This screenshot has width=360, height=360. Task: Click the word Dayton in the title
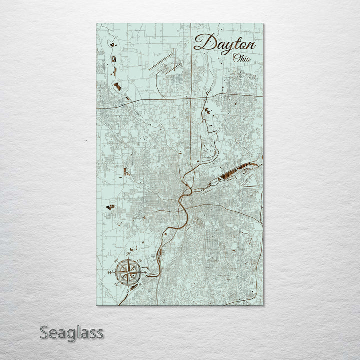point(224,43)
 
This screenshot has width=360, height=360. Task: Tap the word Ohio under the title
point(242,58)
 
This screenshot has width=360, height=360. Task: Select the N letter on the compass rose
point(129,255)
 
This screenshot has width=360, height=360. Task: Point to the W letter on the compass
point(110,273)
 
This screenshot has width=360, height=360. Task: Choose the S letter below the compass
point(128,290)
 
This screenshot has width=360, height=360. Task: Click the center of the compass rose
point(128,273)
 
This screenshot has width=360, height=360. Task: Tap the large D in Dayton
point(202,42)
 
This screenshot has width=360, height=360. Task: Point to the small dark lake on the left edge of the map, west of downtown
point(109,206)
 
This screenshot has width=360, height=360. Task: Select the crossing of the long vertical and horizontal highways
point(192,99)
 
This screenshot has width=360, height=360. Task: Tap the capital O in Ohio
point(236,58)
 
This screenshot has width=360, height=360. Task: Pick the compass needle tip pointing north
point(129,260)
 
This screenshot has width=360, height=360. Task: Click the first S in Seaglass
point(44,332)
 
